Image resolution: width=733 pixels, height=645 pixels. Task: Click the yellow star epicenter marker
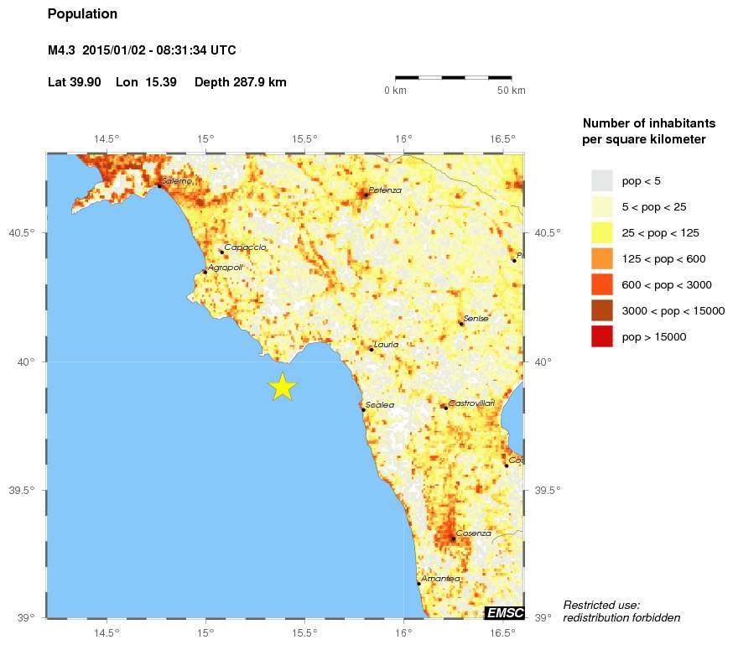pos(283,387)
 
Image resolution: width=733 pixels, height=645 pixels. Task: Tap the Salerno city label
pos(178,181)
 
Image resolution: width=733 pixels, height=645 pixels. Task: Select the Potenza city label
pos(385,190)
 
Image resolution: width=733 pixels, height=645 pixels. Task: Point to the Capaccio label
pos(245,247)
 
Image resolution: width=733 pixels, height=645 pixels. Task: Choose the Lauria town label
pos(386,345)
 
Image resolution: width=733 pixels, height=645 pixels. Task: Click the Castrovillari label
pos(471,403)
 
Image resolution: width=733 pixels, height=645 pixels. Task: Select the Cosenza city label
pos(473,533)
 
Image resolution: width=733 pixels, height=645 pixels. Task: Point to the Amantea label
pos(440,579)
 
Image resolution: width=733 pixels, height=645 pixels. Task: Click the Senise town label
pos(476,319)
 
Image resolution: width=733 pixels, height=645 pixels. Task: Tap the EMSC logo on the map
pos(505,613)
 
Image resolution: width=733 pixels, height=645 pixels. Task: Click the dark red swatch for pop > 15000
pos(602,337)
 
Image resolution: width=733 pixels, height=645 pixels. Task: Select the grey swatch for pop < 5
pos(602,180)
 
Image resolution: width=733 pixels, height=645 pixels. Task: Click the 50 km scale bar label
pos(512,91)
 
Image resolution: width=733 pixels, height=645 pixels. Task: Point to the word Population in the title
pos(83,14)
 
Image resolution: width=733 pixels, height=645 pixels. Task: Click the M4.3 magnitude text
pos(62,50)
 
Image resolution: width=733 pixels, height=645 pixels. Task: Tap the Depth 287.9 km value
pos(241,82)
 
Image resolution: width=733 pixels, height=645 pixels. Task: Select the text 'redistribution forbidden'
pos(621,618)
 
